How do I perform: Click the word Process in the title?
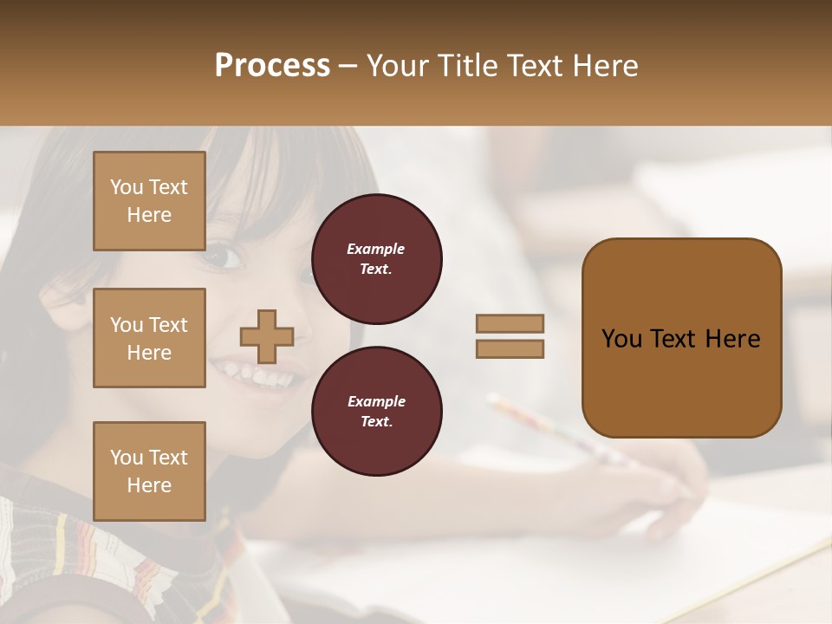pyautogui.click(x=272, y=66)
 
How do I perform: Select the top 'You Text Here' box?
pyautogui.click(x=149, y=201)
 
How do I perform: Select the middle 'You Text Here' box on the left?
pyautogui.click(x=149, y=338)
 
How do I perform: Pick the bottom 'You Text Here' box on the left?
pyautogui.click(x=149, y=471)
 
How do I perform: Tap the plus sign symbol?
pyautogui.click(x=267, y=336)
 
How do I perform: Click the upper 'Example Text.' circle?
pyautogui.click(x=376, y=259)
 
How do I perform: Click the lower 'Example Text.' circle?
pyautogui.click(x=376, y=412)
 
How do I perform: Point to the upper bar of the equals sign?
pyautogui.click(x=510, y=323)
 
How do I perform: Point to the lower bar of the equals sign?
pyautogui.click(x=510, y=348)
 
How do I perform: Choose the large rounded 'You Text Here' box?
pyautogui.click(x=681, y=338)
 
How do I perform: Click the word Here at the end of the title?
pyautogui.click(x=606, y=66)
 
